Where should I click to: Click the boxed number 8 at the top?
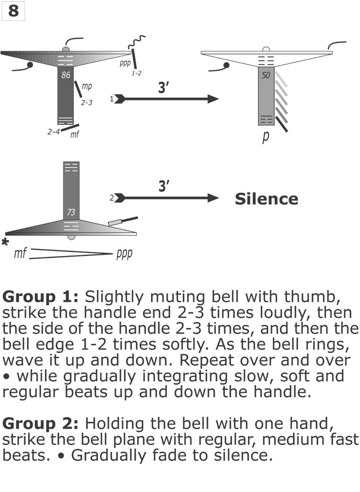pos(13,11)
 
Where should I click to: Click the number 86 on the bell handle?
pos(66,75)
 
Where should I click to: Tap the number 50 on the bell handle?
pos(266,76)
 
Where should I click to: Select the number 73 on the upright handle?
pos(71,213)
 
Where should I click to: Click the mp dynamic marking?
pos(87,87)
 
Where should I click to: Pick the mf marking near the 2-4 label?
pos(75,134)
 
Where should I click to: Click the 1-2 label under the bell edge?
pos(137,73)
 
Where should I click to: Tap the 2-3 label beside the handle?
pos(87,103)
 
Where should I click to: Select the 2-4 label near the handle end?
pos(54,131)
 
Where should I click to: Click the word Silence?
pos(266,199)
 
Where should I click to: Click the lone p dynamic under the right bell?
pos(266,137)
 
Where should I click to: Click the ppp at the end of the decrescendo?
pos(124,254)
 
